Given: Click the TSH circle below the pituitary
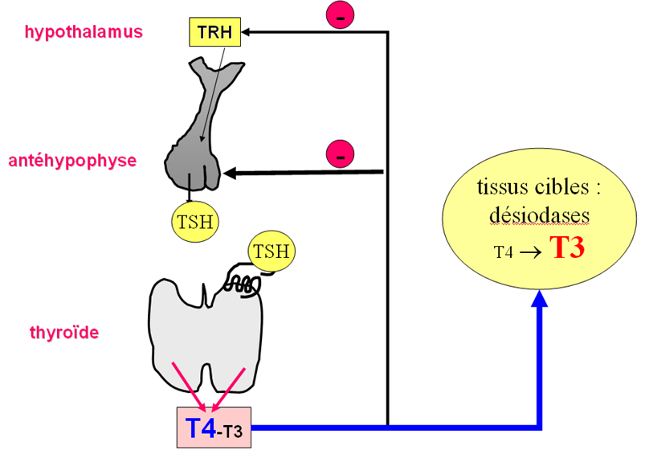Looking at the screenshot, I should (195, 219).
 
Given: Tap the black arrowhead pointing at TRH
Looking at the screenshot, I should (249, 32).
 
